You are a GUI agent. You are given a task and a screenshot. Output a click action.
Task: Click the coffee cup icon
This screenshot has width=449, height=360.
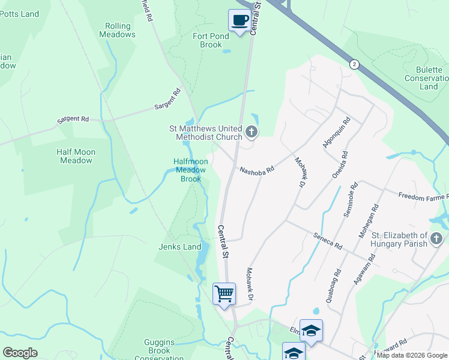coord(240,20)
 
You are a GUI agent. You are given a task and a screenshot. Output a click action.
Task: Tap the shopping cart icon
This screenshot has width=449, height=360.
coord(224,294)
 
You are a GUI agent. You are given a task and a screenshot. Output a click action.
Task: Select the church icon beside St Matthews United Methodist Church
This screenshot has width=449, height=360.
coord(252,131)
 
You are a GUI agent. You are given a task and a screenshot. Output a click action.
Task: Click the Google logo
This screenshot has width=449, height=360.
coord(20,353)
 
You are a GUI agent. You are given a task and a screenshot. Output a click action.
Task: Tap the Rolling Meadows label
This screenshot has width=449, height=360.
coord(121,30)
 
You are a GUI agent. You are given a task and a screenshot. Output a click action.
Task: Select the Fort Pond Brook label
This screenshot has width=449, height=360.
coord(208,40)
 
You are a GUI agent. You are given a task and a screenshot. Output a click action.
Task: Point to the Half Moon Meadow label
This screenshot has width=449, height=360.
coord(75,156)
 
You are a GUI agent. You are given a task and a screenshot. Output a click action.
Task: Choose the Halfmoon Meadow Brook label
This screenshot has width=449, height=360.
coord(191,170)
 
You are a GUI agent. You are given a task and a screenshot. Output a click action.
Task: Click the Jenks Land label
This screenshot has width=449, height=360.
coord(179,247)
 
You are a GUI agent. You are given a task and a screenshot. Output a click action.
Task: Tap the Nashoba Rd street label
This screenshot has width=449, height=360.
coord(256,170)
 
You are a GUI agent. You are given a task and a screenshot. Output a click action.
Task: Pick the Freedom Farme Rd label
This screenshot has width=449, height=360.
coord(424,197)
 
